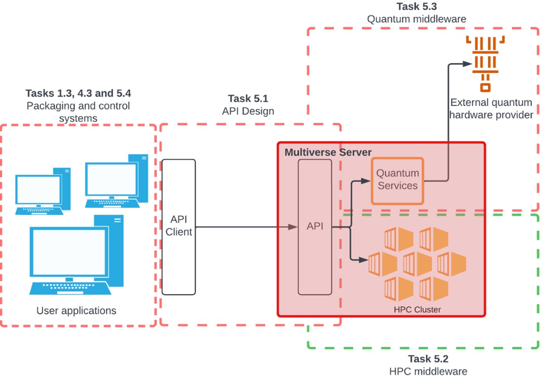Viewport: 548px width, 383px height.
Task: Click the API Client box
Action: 179,227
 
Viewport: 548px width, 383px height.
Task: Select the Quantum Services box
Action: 397,180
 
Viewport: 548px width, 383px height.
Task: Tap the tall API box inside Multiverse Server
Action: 315,227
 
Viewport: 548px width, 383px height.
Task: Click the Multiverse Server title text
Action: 328,152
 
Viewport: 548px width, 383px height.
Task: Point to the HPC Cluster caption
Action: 417,309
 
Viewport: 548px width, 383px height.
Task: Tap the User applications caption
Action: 76,311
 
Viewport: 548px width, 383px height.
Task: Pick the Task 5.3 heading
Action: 416,6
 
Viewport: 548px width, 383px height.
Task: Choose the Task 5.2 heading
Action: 428,359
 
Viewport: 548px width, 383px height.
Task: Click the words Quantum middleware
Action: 416,19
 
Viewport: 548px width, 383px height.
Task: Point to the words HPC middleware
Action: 428,372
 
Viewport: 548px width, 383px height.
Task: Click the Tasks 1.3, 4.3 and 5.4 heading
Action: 78,93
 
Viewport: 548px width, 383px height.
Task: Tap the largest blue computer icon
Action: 76,255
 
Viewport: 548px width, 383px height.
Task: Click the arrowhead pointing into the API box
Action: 294,227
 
